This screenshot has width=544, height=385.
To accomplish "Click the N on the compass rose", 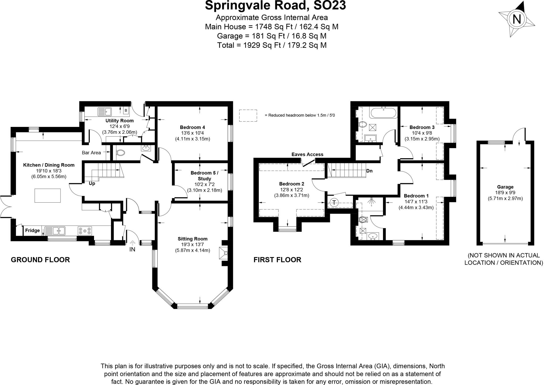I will click(x=516, y=19).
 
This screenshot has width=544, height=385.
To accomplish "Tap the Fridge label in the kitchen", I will click(x=32, y=230).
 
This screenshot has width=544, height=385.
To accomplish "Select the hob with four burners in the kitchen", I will click(x=85, y=231).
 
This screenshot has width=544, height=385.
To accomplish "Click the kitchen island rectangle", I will click(x=48, y=195).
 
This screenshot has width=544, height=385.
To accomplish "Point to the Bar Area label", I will click(x=91, y=153).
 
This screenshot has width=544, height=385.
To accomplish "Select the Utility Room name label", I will click(x=120, y=121).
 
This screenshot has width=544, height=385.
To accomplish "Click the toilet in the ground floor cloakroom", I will click(x=121, y=153).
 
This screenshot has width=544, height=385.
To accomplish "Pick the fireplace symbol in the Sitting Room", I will click(x=223, y=253).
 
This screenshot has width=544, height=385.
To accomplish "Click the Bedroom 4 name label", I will click(x=192, y=127).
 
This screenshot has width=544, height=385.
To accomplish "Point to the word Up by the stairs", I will click(x=92, y=183).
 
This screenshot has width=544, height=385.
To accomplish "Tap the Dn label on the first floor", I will click(x=369, y=171).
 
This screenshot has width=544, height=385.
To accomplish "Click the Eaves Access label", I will click(x=307, y=154).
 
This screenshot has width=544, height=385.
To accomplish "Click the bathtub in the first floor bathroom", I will click(x=383, y=113).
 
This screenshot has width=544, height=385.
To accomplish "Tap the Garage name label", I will click(x=505, y=187).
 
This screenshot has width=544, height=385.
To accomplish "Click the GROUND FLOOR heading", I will click(x=40, y=260).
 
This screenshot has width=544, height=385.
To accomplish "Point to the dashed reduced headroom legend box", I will click(x=248, y=115).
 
